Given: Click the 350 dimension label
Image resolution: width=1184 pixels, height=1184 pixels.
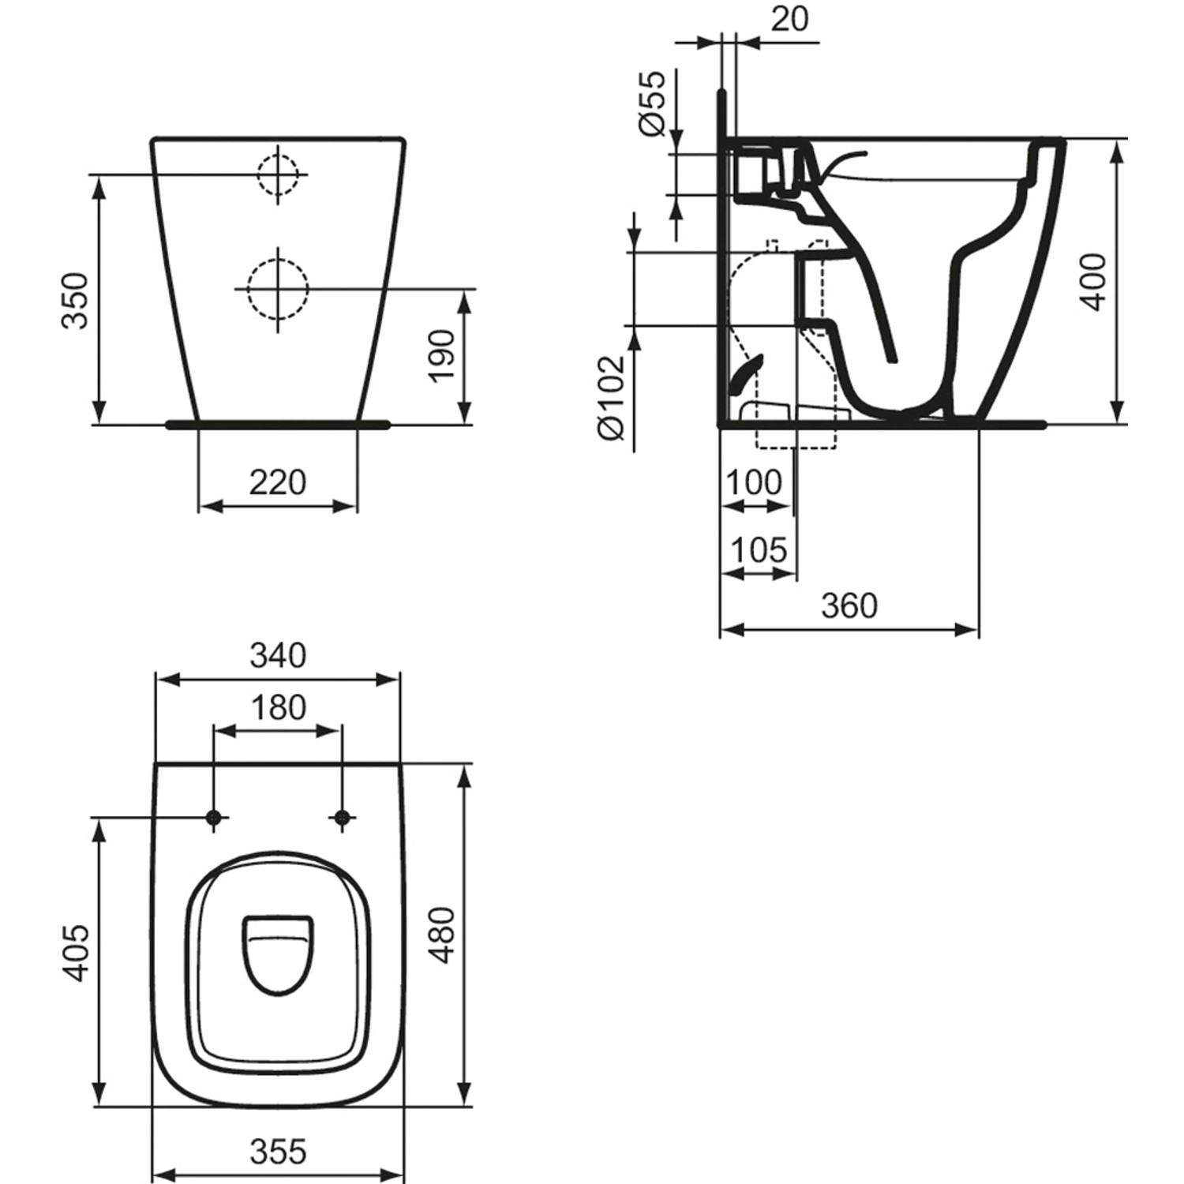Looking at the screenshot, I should click(x=76, y=301).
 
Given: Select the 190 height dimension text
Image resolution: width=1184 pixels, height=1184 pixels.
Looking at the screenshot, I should click(x=443, y=354).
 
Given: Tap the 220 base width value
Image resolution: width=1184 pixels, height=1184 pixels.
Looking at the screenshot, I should click(x=278, y=481).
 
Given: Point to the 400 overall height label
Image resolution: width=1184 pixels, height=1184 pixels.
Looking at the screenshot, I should click(x=1095, y=282).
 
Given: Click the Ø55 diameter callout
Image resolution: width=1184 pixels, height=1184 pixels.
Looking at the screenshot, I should click(x=653, y=103).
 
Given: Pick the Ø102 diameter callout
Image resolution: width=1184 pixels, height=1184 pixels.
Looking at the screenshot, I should click(x=612, y=398).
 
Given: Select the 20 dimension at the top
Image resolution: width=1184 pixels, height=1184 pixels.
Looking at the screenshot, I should click(x=789, y=19).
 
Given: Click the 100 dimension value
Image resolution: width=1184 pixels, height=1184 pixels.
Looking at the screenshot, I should click(x=754, y=482).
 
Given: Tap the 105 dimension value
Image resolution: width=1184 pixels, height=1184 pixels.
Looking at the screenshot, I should click(x=759, y=550).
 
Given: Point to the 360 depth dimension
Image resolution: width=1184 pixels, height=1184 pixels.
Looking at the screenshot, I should click(x=849, y=605).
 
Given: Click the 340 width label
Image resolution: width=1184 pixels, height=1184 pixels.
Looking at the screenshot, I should click(x=278, y=655).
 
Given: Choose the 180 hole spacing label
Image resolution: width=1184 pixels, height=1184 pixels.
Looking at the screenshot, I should click(x=278, y=708).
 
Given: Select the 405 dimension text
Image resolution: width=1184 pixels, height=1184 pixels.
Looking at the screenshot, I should click(x=76, y=954).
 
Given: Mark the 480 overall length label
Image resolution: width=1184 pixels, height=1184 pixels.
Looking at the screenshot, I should click(x=443, y=935).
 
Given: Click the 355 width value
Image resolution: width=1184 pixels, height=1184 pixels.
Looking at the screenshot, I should click(x=278, y=1152).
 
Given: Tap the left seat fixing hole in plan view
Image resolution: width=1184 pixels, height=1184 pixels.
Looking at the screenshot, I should click(x=213, y=819).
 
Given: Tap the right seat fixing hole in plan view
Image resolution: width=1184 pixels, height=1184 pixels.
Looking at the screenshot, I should click(x=342, y=819).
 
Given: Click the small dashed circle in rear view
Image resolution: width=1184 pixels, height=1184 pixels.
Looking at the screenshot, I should click(x=277, y=174).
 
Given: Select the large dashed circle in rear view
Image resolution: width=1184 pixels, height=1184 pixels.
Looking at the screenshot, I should click(x=277, y=290).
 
